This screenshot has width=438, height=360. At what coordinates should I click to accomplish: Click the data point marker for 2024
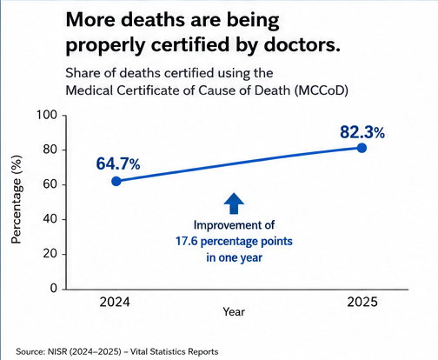click(x=116, y=181)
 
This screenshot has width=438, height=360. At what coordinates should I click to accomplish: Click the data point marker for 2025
click(x=362, y=148)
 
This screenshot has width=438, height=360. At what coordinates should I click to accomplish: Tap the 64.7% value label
click(x=118, y=163)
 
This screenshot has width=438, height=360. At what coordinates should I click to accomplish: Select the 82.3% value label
click(x=362, y=132)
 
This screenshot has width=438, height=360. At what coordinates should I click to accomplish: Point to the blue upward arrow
click(x=234, y=203)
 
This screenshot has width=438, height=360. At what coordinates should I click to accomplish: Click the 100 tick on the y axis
click(x=47, y=115)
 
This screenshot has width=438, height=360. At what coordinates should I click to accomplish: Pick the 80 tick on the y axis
click(x=50, y=150)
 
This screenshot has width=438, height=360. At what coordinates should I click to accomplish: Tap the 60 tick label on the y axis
click(x=50, y=184)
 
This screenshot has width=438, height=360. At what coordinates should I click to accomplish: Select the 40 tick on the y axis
click(x=50, y=219)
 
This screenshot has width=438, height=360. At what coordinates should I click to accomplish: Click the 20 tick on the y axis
click(x=50, y=254)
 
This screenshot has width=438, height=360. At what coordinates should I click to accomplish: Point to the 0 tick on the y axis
click(x=54, y=288)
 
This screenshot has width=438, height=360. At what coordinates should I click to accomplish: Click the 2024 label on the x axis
click(x=115, y=302)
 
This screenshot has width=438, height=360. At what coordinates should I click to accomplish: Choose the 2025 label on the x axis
click(x=362, y=302)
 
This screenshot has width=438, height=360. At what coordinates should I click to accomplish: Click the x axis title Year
click(x=234, y=312)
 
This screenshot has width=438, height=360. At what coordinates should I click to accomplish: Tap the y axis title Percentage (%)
click(x=17, y=199)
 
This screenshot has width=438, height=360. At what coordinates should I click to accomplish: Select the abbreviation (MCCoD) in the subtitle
click(x=322, y=90)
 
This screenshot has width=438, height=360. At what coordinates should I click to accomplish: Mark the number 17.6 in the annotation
click(x=187, y=241)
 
